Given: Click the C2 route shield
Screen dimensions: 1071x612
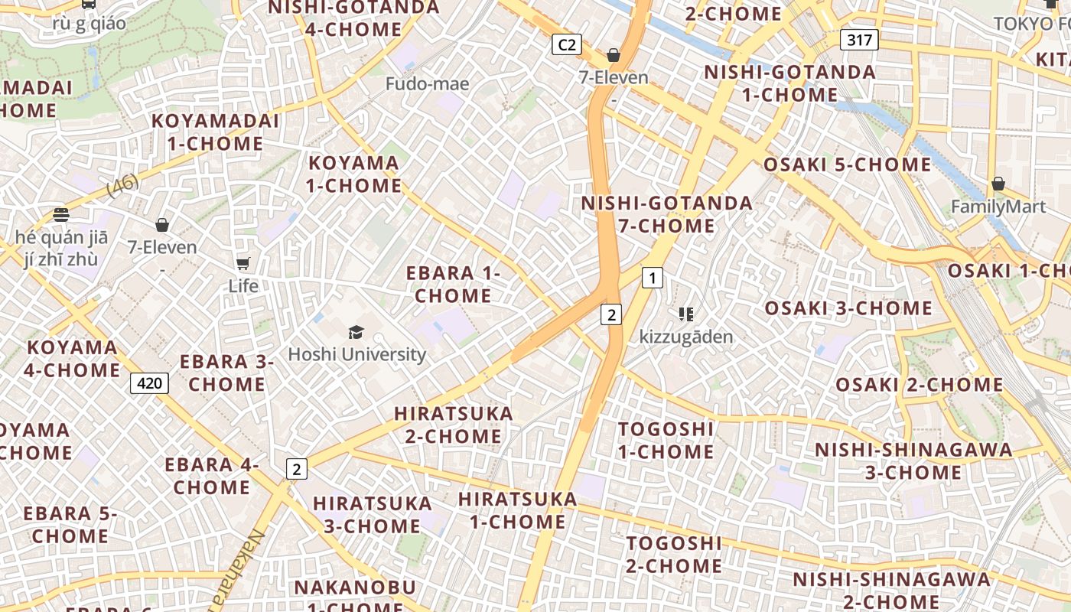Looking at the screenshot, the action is click(x=566, y=44).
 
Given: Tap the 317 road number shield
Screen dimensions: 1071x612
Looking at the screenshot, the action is click(x=859, y=40).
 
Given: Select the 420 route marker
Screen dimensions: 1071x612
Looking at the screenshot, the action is click(x=149, y=382).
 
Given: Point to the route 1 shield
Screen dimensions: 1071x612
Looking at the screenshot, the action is click(x=652, y=278).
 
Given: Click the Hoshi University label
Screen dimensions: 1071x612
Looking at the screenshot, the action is click(x=356, y=354).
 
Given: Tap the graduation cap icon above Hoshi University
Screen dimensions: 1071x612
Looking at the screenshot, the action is click(x=356, y=332).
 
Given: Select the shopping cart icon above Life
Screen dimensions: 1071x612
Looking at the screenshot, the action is click(x=243, y=264).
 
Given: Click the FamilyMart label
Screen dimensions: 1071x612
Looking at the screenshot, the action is click(x=998, y=207).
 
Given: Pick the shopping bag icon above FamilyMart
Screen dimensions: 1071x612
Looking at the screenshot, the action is click(x=998, y=184).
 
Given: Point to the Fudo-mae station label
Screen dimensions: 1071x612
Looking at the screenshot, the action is click(x=427, y=83).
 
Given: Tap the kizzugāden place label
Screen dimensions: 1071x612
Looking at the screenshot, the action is click(x=686, y=337).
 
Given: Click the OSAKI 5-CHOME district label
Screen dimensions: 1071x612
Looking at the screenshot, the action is click(x=847, y=164).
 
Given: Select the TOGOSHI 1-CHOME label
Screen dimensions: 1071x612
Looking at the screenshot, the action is click(x=666, y=440).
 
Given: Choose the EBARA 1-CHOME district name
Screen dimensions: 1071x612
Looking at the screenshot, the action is click(x=453, y=284).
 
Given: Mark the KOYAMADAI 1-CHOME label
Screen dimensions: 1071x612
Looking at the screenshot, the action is click(x=215, y=132).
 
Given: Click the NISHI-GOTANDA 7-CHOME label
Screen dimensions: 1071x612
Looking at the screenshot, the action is click(x=667, y=214).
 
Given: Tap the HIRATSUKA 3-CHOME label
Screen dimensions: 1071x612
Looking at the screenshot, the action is click(x=373, y=514).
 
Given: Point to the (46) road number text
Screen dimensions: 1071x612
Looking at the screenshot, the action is click(x=122, y=185).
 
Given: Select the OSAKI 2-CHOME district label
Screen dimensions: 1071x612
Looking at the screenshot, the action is click(x=919, y=384).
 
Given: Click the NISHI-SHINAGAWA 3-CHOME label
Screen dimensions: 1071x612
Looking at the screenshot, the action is click(x=913, y=461).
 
